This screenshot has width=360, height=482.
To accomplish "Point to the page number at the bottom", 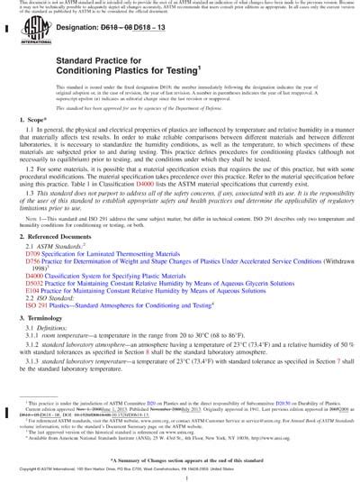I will click(180, 470).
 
